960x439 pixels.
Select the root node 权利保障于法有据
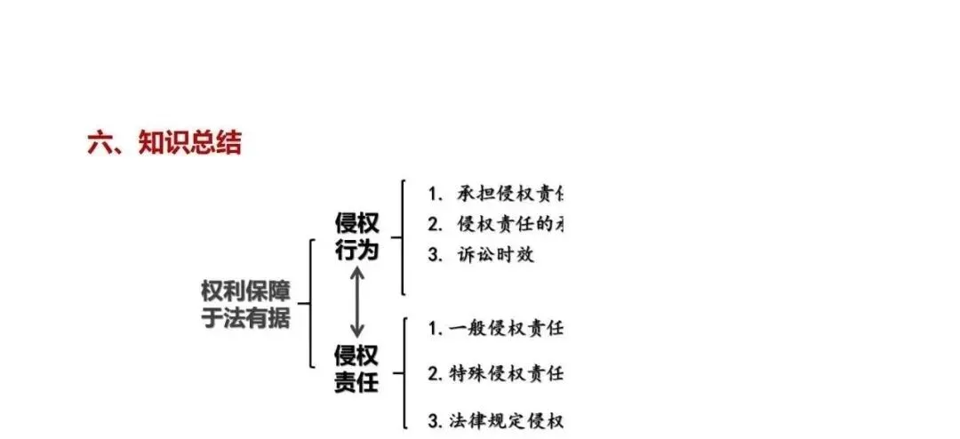point(245,304)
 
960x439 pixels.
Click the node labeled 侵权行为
point(356,236)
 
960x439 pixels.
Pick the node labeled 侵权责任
point(356,369)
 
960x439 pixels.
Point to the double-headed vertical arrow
point(356,302)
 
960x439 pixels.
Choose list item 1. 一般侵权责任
point(495,329)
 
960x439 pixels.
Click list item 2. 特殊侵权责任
point(495,373)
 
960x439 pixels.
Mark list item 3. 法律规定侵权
point(495,419)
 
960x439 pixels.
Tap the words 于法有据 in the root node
point(245,317)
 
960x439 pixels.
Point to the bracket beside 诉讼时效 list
point(403,237)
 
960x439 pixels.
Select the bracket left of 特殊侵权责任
point(404,373)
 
